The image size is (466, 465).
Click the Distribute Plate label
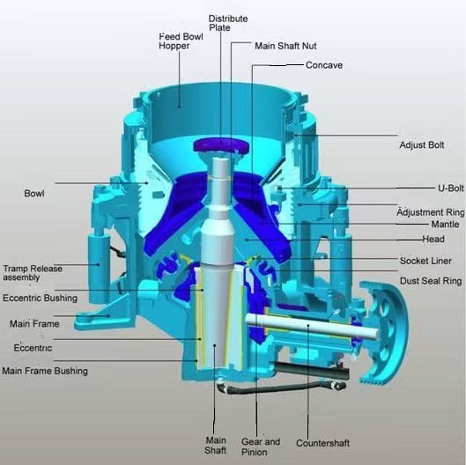pos(228,23)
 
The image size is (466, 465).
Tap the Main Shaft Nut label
pos(285,46)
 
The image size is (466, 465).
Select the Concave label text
pos(324,65)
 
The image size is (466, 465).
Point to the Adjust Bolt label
pos(422,145)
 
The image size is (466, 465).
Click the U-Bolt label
pos(451,188)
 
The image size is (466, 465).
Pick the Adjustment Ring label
pos(431,212)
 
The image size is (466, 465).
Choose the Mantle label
pos(445,224)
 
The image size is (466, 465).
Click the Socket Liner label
pos(425,261)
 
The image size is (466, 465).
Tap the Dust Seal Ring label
pos(431,281)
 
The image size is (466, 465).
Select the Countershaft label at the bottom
pos(322,443)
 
